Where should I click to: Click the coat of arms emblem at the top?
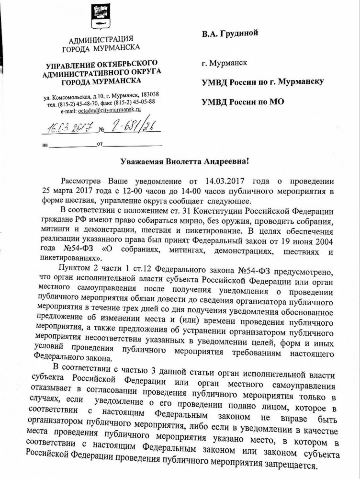click(102, 17)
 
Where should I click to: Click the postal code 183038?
click(150, 94)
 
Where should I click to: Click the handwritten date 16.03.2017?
click(67, 128)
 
